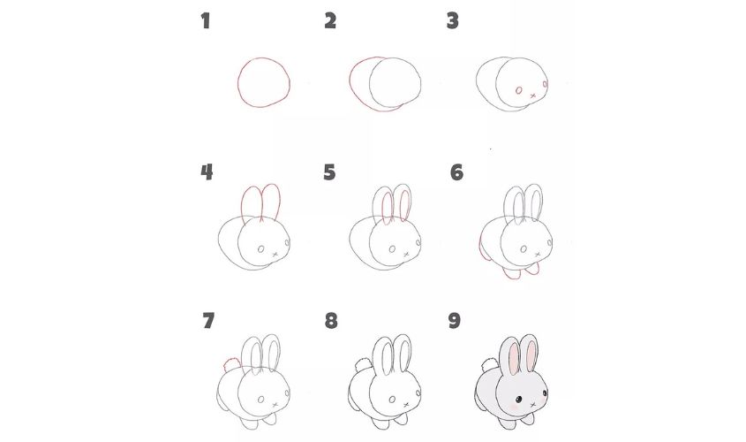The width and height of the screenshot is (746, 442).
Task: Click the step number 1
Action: pyautogui.click(x=206, y=20)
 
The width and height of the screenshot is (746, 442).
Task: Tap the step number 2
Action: pyautogui.click(x=330, y=20)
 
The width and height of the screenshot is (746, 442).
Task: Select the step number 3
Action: pyautogui.click(x=453, y=20)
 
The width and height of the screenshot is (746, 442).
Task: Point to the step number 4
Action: pyautogui.click(x=207, y=171)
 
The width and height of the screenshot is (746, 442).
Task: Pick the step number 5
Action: pyautogui.click(x=330, y=171)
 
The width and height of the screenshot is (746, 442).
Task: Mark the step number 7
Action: pyautogui.click(x=208, y=320)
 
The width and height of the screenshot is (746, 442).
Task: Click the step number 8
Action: pyautogui.click(x=330, y=321)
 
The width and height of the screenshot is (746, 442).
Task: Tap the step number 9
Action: pyautogui.click(x=455, y=320)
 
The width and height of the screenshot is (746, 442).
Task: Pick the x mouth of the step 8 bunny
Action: pyautogui.click(x=405, y=404)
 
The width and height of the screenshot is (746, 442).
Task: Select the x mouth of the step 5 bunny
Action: pyautogui.click(x=404, y=255)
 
